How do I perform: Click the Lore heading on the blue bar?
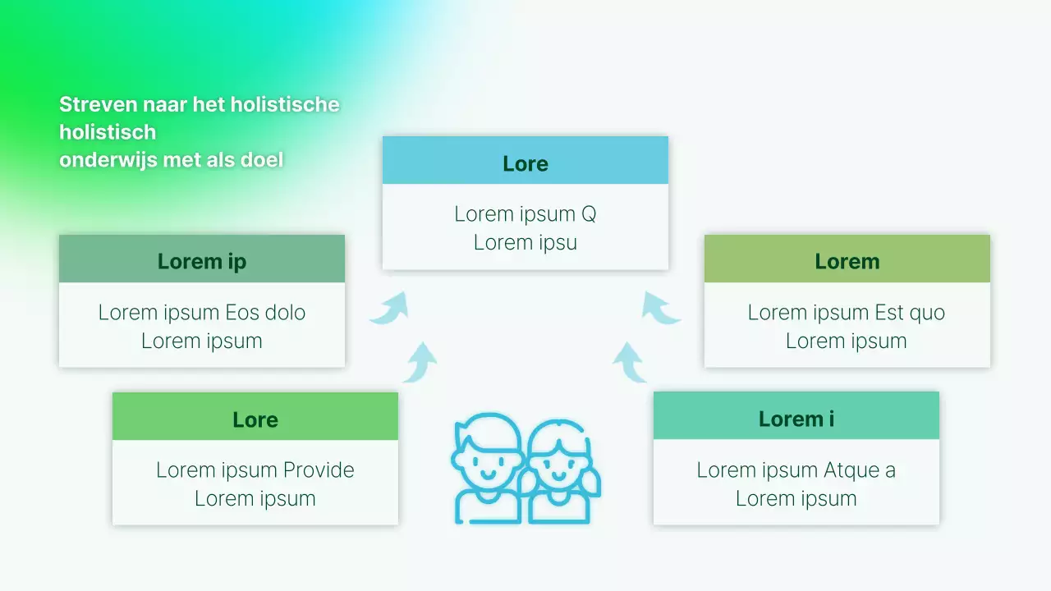pyautogui.click(x=525, y=164)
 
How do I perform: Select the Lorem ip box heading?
pyautogui.click(x=202, y=262)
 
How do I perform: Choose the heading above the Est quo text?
pyautogui.click(x=847, y=262)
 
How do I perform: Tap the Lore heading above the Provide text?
pyautogui.click(x=255, y=419)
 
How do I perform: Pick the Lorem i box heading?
pyautogui.click(x=796, y=419)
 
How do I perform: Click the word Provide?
pyautogui.click(x=319, y=470)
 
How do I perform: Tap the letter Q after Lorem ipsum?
pyautogui.click(x=589, y=215)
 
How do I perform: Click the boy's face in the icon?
pyautogui.click(x=488, y=469)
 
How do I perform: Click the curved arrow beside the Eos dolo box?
pyautogui.click(x=388, y=308)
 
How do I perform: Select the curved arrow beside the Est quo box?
pyautogui.click(x=660, y=308)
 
